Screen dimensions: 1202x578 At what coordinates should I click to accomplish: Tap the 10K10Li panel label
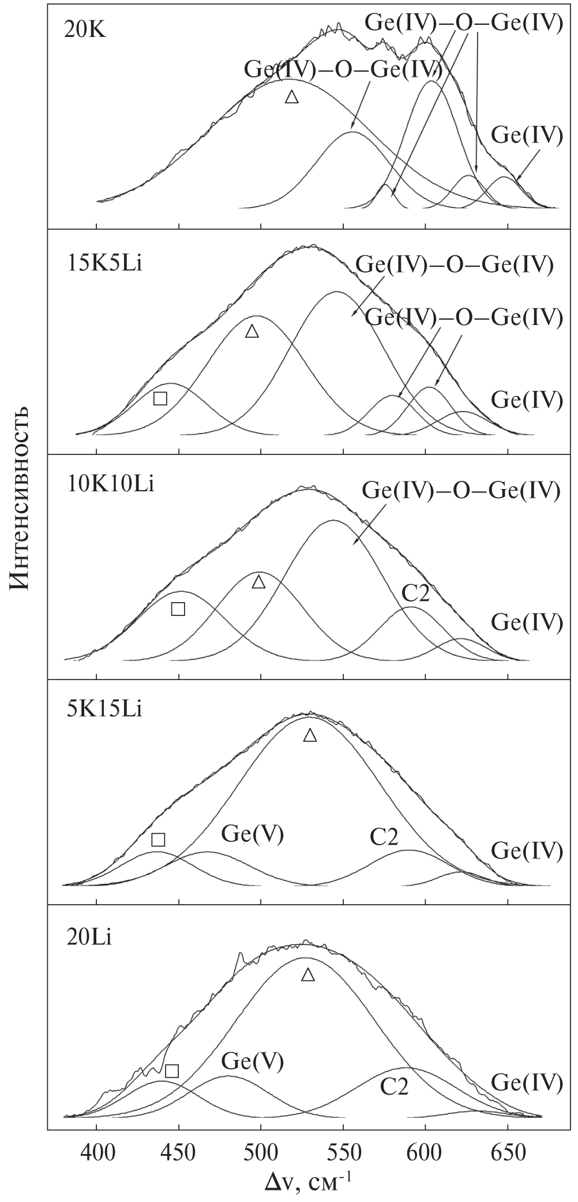tap(109, 484)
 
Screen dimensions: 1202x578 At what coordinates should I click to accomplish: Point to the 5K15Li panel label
tap(103, 708)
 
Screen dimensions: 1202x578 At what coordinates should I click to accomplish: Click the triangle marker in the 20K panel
tap(292, 97)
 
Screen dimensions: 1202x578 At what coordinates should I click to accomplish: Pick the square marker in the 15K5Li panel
tap(160, 398)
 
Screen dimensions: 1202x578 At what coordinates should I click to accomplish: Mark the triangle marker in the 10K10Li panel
tap(259, 581)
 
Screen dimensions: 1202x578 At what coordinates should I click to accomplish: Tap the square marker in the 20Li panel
tap(172, 1071)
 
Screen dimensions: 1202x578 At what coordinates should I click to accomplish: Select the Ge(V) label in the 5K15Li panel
tap(253, 835)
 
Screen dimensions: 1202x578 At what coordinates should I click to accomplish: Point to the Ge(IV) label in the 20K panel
tap(527, 135)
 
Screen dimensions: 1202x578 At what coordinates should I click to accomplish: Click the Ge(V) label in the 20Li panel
tap(253, 1061)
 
